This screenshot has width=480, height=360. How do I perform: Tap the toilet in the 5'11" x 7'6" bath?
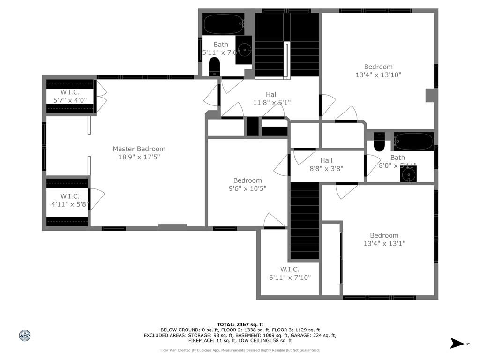214,67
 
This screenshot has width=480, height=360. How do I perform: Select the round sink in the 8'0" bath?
408,174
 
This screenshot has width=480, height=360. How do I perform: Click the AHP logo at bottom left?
25,336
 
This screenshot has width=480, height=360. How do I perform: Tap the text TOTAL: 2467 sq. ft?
240,324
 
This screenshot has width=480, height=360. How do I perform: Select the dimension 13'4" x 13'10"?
378,75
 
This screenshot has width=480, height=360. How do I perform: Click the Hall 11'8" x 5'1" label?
272,98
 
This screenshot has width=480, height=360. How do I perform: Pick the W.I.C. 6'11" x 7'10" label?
290,273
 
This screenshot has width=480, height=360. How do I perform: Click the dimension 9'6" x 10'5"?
247,188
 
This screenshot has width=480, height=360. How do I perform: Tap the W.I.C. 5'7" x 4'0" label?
70,96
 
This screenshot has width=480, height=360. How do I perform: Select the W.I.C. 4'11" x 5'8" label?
70,200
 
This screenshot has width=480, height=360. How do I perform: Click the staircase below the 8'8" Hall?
305,220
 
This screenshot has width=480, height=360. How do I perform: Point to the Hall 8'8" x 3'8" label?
326,165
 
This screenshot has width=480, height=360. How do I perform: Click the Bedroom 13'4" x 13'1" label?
384,240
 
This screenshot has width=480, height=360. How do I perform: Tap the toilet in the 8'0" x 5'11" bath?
379,142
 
